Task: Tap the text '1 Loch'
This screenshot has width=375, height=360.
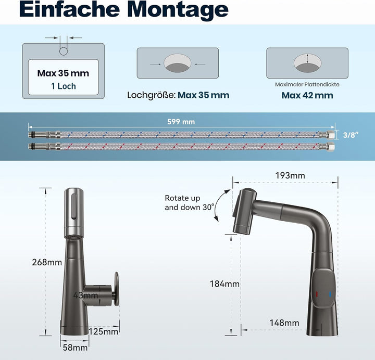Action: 63,86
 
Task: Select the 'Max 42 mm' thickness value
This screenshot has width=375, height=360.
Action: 307,95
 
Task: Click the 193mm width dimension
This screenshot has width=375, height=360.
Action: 290,175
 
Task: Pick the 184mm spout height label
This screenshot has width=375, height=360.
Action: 224,284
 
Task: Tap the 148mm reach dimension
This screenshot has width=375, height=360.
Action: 284,323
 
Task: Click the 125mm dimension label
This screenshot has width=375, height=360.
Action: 103,331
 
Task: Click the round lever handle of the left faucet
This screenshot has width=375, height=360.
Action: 116,288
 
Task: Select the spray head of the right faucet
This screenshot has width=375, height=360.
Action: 247,211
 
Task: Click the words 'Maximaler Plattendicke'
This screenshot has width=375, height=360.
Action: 307,84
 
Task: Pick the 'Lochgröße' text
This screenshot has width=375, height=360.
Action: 151,95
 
